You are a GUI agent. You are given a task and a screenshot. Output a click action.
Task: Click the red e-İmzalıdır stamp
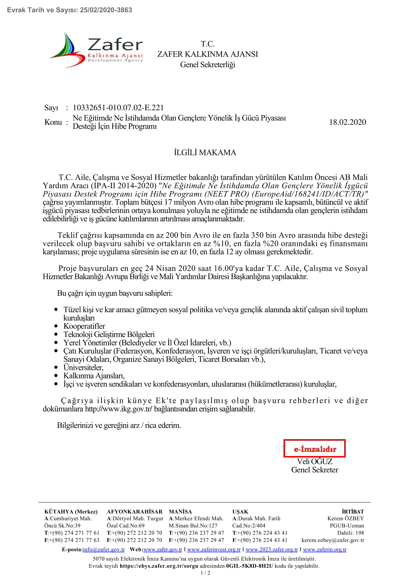315,448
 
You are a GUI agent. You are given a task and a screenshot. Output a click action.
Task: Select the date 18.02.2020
347,122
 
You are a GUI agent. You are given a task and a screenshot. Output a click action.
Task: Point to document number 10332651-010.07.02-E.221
118,108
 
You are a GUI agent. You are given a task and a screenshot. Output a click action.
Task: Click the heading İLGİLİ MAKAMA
205,153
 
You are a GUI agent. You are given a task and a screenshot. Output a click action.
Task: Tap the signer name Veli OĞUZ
315,461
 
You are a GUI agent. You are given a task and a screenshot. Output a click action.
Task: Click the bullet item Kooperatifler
84,326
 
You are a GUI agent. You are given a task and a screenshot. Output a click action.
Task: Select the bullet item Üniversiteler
83,367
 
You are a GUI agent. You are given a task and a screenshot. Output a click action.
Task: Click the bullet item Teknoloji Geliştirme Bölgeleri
109,335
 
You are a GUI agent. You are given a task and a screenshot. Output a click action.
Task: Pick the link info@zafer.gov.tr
104,549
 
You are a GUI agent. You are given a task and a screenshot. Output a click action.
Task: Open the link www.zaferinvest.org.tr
214,549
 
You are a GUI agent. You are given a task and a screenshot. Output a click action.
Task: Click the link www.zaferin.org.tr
325,549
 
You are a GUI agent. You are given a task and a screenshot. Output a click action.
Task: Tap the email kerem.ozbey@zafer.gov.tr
333,540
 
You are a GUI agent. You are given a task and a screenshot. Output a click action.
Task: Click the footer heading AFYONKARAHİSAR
135,512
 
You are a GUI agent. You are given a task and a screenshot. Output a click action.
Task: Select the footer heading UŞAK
240,512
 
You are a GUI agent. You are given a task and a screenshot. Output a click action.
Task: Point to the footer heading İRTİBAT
353,512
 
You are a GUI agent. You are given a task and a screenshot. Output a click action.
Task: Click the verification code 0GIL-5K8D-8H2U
249,566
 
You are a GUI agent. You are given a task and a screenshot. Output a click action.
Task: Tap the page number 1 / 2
205,573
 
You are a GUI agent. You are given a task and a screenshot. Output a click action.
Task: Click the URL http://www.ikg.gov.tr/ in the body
119,409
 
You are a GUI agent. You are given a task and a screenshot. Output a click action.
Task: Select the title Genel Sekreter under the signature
315,470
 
